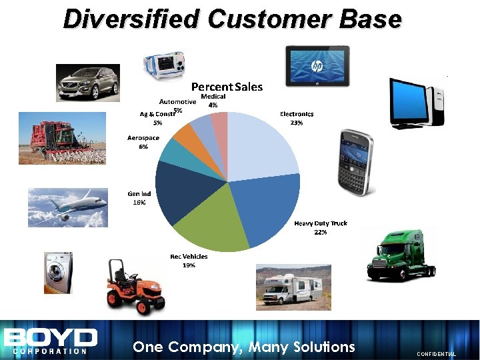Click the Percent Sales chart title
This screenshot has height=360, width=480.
pyautogui.click(x=227, y=87)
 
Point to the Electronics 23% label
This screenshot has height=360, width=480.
pyautogui.click(x=297, y=118)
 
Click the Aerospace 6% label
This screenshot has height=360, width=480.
pyautogui.click(x=143, y=142)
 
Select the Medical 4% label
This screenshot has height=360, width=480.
pyautogui.click(x=213, y=101)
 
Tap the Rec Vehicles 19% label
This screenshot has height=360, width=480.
pyautogui.click(x=189, y=261)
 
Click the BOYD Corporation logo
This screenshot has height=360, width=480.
pyautogui.click(x=50, y=341)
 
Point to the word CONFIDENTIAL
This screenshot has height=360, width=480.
pyautogui.click(x=436, y=355)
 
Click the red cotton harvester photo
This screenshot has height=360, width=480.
pyautogui.click(x=56, y=137)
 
